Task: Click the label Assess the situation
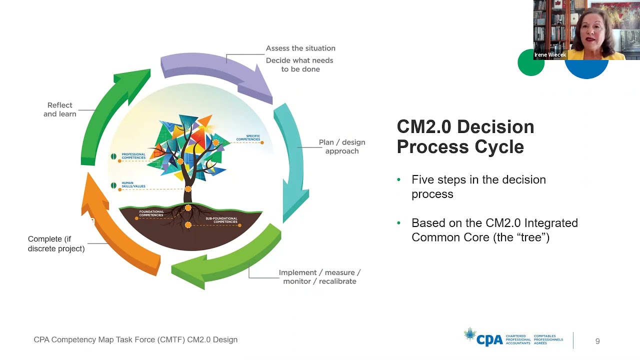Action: tap(300, 48)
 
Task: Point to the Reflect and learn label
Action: tap(60, 109)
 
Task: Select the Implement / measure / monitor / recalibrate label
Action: tap(319, 277)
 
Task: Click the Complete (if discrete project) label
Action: tap(56, 243)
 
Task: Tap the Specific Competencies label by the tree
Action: tap(248, 138)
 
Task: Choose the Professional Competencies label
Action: tap(133, 156)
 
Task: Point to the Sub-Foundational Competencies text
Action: tap(221, 220)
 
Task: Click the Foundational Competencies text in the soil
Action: tap(151, 213)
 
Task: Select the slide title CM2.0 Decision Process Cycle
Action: tap(465, 136)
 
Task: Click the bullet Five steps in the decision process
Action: tap(478, 186)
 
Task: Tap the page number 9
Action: tap(597, 341)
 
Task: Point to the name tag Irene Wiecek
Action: tap(550, 55)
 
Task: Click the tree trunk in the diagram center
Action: tap(188, 187)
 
